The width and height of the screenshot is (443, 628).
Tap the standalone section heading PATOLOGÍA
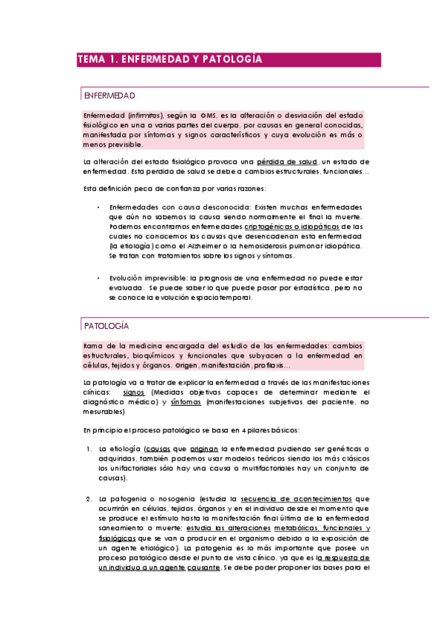(106, 325)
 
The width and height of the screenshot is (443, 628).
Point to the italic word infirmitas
(145, 116)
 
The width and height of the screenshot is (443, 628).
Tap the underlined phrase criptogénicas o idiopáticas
(291, 226)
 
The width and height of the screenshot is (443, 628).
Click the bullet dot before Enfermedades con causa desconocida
(98, 207)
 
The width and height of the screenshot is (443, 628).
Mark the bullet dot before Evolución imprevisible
(98, 278)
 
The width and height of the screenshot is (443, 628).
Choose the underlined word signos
(134, 392)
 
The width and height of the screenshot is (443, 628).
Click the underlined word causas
(159, 449)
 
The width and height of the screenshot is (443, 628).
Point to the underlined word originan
(204, 449)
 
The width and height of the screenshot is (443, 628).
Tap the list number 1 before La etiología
(88, 449)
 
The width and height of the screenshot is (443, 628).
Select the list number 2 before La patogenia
(88, 498)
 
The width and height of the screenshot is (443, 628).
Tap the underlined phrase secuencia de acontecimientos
(305, 498)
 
